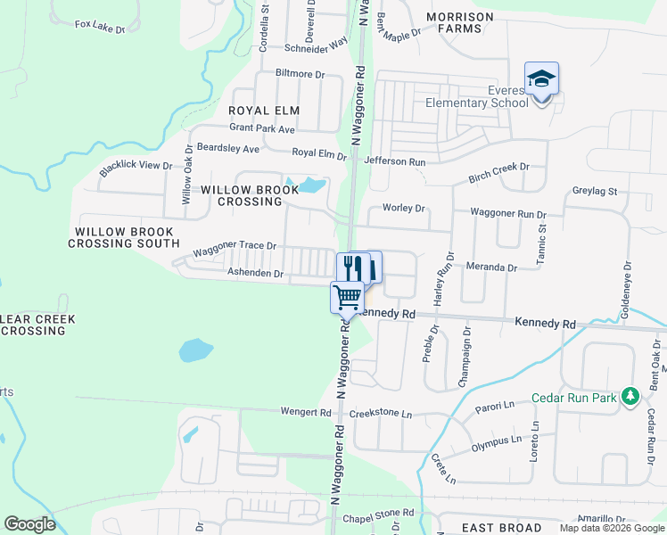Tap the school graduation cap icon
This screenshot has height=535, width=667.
(541, 78)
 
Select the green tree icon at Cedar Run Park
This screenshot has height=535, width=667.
(631, 395)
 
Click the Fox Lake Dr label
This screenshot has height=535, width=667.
(100, 28)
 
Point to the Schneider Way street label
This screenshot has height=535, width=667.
(316, 45)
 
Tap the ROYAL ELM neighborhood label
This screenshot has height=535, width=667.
(264, 111)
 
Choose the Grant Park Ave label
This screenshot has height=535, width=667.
(262, 129)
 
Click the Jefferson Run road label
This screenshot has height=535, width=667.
(395, 161)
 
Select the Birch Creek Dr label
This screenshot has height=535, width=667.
(499, 173)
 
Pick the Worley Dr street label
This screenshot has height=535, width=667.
(404, 208)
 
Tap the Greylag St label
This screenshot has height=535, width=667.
(595, 192)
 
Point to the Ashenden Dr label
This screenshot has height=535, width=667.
(255, 273)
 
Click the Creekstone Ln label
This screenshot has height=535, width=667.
(381, 415)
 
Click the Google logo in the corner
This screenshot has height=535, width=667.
(29, 524)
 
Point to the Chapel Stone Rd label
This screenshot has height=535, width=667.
(379, 514)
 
